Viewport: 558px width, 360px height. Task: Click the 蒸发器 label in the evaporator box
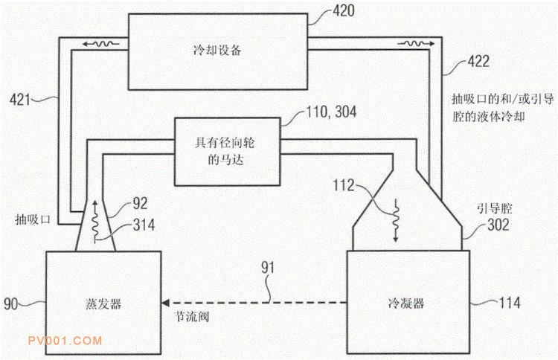[102, 304]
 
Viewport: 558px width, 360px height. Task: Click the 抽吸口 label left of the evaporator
[31, 220]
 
